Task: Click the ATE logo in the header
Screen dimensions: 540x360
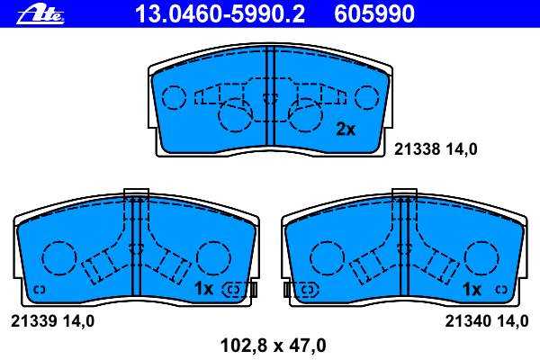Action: pos(40,15)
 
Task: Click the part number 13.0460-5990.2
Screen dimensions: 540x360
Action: pos(220,14)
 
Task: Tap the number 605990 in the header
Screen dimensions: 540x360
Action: pos(374,14)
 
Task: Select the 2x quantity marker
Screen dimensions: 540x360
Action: pos(346,130)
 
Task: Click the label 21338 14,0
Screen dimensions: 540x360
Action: pos(436,149)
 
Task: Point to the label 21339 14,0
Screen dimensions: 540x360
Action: pos(53,321)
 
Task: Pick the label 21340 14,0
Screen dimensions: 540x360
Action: pos(487,321)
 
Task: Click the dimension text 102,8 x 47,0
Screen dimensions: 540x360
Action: pos(273,346)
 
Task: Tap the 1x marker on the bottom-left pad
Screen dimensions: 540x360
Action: pos(204,288)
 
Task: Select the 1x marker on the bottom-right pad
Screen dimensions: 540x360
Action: pos(472,290)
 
